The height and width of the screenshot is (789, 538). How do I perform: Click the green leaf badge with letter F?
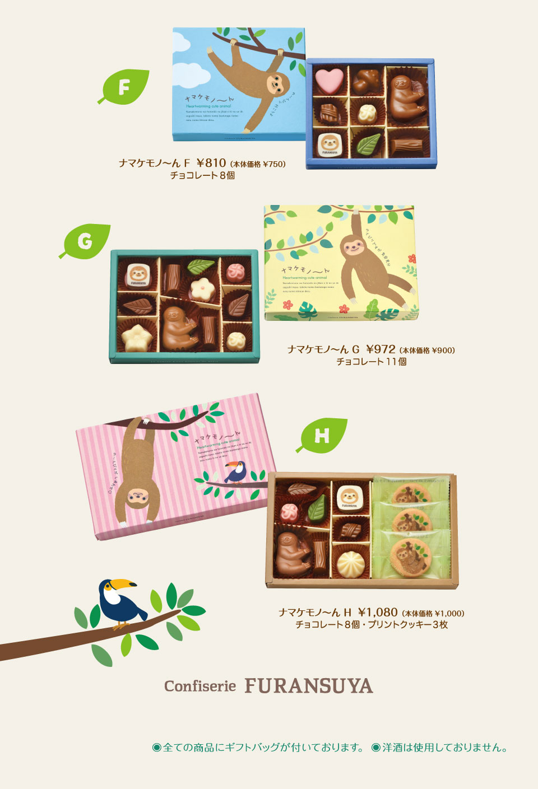124,87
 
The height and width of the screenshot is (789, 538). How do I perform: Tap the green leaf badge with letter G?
85,241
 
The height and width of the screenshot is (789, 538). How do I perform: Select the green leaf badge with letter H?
322,435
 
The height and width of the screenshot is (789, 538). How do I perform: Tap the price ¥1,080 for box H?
378,612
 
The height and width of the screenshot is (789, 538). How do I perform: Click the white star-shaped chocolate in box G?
135,337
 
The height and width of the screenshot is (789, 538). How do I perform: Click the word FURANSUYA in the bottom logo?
308,686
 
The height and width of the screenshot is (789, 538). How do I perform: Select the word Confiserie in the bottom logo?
200,686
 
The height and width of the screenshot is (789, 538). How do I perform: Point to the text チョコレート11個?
371,362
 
